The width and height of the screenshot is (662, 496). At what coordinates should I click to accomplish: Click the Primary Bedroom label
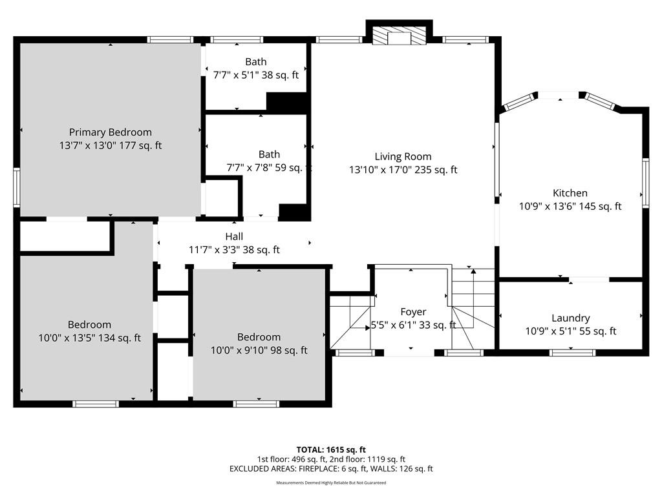(x=110, y=132)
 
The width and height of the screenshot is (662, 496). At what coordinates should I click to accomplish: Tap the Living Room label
(x=403, y=156)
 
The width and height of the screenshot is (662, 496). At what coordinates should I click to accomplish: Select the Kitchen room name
(x=570, y=192)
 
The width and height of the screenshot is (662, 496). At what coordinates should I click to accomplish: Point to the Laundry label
(x=571, y=318)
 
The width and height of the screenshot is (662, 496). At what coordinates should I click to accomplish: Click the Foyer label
(x=413, y=312)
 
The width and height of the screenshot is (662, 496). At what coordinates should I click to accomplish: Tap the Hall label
(x=234, y=236)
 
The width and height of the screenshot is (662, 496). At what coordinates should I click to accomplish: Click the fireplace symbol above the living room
(x=400, y=36)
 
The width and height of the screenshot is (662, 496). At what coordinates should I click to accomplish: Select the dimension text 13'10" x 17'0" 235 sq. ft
(x=403, y=170)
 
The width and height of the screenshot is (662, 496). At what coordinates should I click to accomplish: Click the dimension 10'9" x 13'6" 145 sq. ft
(x=570, y=206)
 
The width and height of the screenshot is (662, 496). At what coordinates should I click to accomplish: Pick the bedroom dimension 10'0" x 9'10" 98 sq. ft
(x=259, y=350)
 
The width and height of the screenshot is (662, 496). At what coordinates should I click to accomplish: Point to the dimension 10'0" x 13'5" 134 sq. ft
(x=89, y=338)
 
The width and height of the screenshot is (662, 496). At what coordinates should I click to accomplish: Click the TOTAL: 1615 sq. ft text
(x=331, y=449)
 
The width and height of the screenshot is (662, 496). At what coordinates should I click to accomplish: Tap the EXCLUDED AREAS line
(x=331, y=469)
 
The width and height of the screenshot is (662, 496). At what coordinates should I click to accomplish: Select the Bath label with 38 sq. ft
(x=256, y=61)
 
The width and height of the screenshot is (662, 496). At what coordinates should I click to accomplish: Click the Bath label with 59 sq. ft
(x=269, y=154)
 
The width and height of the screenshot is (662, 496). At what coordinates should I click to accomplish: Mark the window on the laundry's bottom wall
(x=573, y=353)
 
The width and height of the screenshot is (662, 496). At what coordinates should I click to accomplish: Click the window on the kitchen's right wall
(x=646, y=183)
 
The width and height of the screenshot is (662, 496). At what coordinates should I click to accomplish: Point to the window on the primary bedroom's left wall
(x=17, y=187)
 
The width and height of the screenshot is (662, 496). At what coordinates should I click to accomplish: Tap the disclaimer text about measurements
(x=331, y=482)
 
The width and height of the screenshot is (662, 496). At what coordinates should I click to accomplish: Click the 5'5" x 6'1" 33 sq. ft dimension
(x=413, y=325)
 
